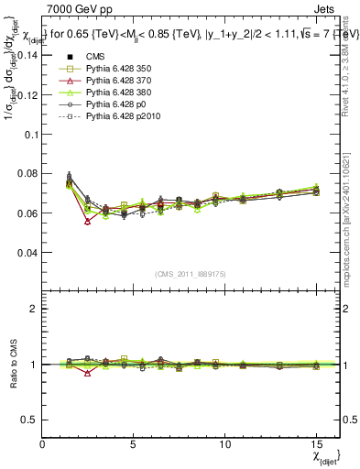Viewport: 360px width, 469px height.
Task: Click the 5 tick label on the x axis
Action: tap(134, 444)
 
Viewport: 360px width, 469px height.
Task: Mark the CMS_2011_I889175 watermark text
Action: tap(191, 274)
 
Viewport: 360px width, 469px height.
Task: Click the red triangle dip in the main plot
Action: tap(88, 222)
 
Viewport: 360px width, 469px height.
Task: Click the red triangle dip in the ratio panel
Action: tap(88, 373)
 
